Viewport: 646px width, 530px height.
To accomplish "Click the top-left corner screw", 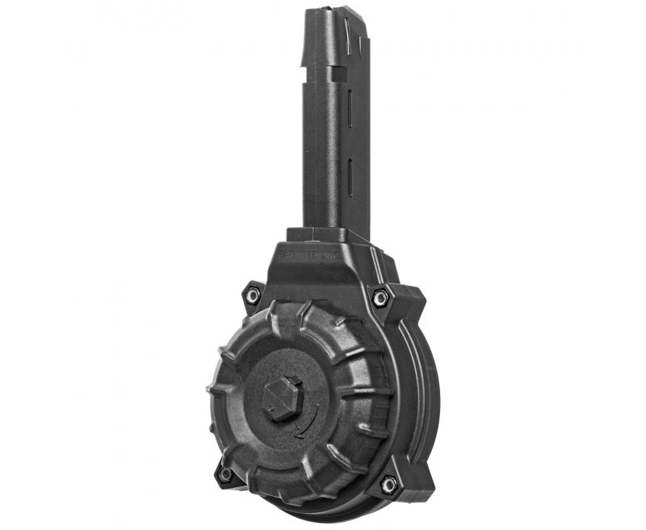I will pos(253,297).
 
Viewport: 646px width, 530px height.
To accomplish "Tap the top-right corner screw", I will pos(380,298).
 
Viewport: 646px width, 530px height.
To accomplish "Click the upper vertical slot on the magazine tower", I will pos(349,109).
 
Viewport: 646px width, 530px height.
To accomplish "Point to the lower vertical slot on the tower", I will pos(350,179).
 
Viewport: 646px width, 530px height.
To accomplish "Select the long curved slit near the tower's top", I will pos(347,36).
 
